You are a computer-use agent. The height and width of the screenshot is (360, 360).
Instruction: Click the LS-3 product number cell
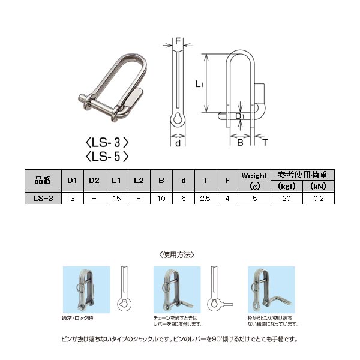(44, 198)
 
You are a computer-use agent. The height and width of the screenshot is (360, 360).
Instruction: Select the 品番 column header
(44, 179)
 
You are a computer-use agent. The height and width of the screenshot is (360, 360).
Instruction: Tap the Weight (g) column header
(254, 180)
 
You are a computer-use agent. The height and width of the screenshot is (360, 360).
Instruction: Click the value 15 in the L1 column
(117, 198)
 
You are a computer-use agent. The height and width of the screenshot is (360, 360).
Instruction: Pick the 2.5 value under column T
(205, 198)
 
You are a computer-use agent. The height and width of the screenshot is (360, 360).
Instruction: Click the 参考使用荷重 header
(303, 175)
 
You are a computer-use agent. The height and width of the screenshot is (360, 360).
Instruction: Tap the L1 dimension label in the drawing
(200, 85)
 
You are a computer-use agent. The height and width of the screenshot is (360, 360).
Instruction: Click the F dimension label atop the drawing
(178, 41)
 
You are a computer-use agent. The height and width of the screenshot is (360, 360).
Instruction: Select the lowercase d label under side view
(178, 143)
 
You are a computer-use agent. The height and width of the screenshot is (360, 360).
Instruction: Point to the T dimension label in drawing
(265, 143)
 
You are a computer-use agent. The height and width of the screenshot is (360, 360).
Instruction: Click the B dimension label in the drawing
(239, 143)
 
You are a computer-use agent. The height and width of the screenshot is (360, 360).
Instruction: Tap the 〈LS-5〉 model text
(108, 157)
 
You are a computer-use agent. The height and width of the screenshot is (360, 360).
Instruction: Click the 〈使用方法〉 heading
(178, 254)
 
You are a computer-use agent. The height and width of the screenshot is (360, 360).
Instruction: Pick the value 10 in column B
(161, 198)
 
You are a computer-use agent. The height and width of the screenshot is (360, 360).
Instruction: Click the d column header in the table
(183, 179)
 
